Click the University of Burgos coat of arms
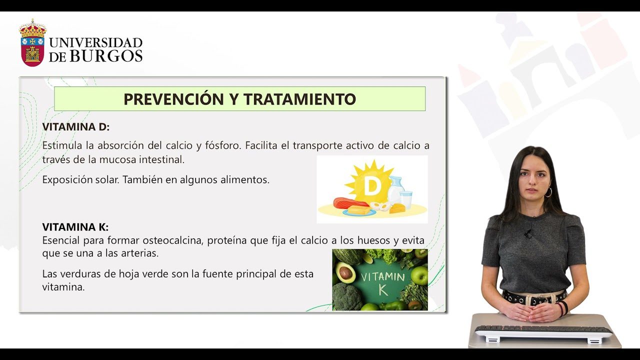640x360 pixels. point(32,43)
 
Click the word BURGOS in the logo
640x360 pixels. point(106,56)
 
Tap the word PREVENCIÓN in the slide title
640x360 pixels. point(173,98)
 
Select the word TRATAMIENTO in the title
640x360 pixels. point(299,99)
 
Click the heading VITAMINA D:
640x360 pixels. point(76,127)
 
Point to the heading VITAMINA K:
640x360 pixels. point(75,227)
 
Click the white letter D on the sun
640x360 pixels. point(371,186)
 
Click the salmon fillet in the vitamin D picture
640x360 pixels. point(350,202)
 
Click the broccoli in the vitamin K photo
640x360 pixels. point(347,297)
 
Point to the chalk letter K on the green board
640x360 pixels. point(383,289)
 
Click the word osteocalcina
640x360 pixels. point(172,240)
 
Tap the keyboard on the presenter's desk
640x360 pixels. point(543,331)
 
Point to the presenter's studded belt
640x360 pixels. point(534,297)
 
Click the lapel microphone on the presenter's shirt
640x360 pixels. point(528,233)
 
